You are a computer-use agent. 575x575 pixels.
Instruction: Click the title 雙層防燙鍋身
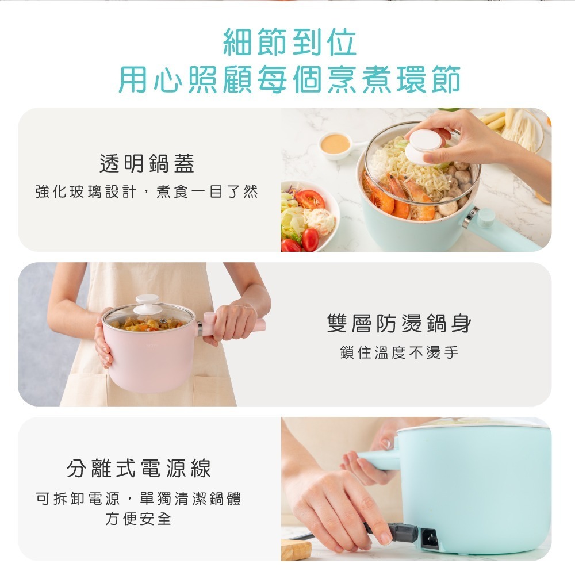click(x=399, y=324)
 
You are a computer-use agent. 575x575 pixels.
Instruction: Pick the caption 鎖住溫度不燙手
click(x=399, y=352)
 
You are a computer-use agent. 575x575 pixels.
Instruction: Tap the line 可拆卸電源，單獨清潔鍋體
click(x=139, y=499)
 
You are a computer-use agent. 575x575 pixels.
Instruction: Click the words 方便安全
click(x=139, y=519)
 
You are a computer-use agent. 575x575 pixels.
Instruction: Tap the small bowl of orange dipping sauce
click(x=335, y=143)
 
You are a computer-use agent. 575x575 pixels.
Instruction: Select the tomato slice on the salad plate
click(x=310, y=199)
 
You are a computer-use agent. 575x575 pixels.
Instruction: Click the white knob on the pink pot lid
click(x=148, y=304)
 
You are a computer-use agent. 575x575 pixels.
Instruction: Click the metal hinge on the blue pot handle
click(x=470, y=217)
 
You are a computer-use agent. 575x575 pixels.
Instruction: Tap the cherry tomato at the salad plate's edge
click(x=310, y=239)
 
